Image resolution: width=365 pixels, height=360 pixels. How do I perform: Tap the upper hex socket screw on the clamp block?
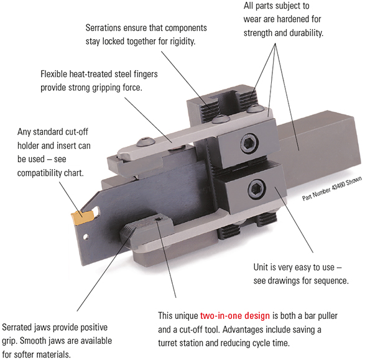249,144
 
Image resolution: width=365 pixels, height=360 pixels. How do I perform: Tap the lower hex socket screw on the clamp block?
257,189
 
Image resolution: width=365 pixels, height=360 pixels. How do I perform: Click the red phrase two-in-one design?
235,316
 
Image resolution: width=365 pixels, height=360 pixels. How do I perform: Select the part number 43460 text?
331,188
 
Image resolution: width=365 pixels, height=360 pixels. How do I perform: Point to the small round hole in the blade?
86,237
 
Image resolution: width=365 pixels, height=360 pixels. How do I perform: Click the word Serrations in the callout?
103,28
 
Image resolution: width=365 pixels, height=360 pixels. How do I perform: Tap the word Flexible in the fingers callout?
53,74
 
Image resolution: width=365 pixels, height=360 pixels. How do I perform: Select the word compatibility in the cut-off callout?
42,173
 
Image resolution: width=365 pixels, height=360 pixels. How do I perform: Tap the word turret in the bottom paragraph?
167,343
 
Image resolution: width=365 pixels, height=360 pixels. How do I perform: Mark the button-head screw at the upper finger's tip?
145,142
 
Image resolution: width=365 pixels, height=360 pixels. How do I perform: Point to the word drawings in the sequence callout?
281,281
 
